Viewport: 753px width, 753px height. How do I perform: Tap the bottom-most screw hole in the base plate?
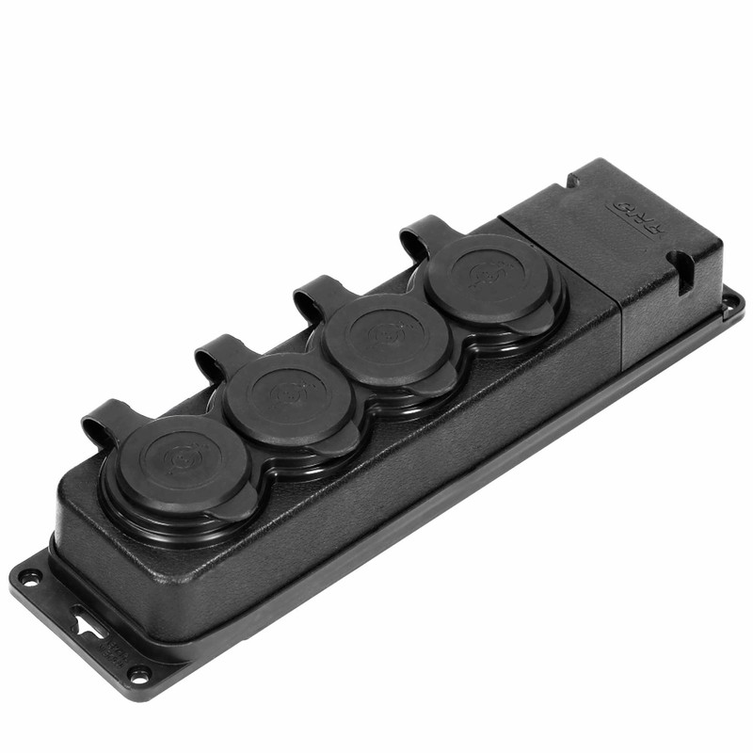[x=138, y=674]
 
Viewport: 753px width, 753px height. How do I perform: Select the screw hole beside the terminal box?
[x=729, y=303]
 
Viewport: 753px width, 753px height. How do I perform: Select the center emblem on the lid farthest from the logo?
[x=179, y=459]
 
